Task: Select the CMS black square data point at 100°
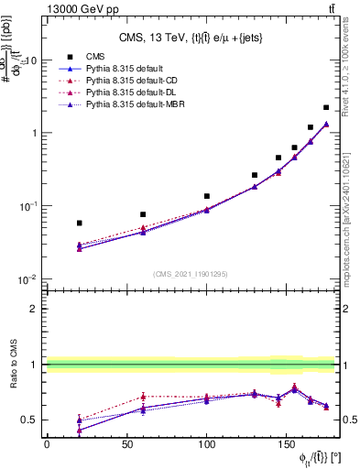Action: click(x=207, y=196)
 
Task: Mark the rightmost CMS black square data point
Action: click(x=326, y=108)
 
